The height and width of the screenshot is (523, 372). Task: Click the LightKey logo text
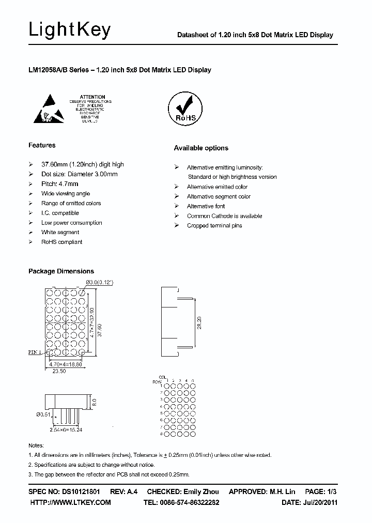pos(69,30)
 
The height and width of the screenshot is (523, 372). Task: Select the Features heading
pos(42,145)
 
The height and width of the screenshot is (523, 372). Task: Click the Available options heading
pos(200,148)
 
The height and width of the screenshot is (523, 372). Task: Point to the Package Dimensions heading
pos(61,271)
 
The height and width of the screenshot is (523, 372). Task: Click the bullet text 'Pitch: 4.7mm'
pos(60,184)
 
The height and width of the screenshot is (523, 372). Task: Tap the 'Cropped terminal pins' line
pos(214,226)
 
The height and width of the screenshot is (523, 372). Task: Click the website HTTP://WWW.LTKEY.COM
pos(70,502)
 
